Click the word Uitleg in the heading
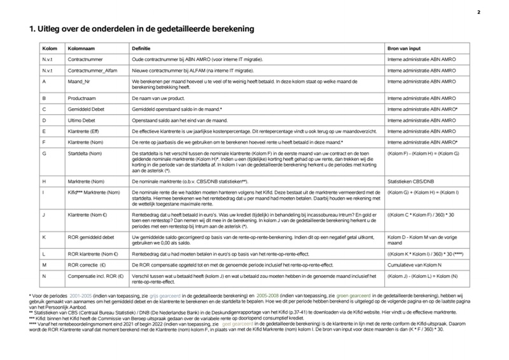[51, 29]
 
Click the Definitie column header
[142, 48]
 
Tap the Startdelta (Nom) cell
[87, 154]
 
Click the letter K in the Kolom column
[43, 235]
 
